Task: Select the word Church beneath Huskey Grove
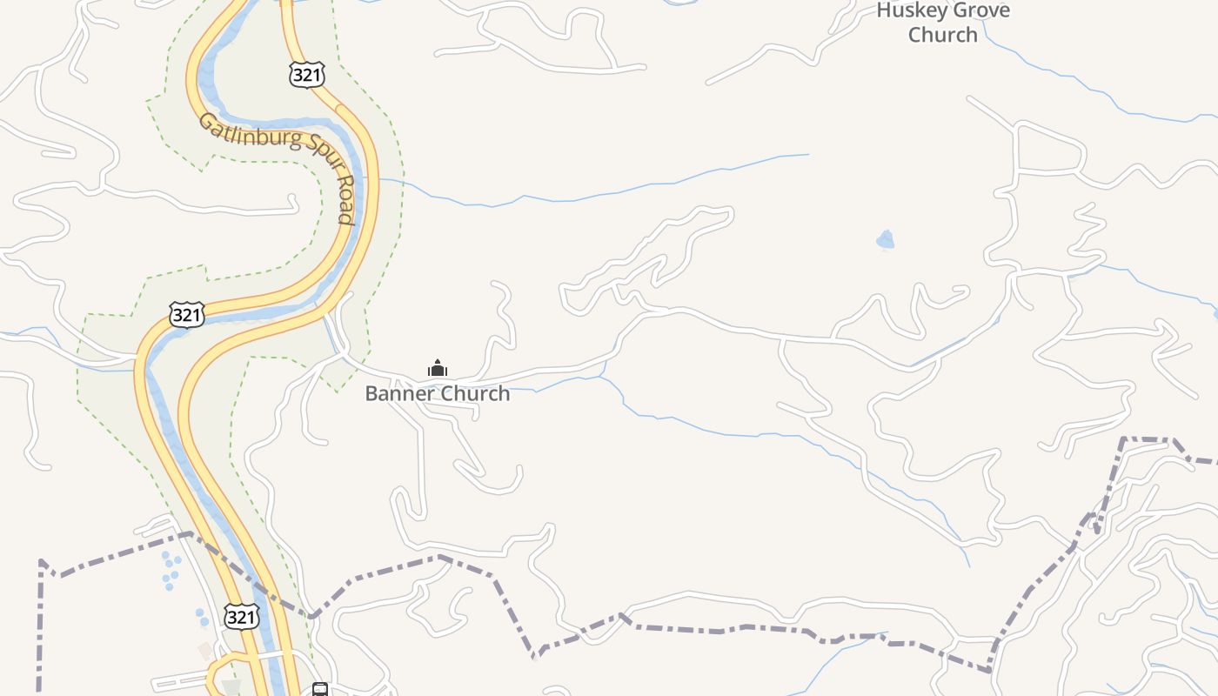click(943, 35)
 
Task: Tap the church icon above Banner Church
click(438, 368)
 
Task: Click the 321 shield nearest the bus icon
click(241, 617)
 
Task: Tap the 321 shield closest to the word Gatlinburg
click(307, 75)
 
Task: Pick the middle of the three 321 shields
click(187, 314)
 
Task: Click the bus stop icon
click(320, 690)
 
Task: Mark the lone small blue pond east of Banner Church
click(886, 239)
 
